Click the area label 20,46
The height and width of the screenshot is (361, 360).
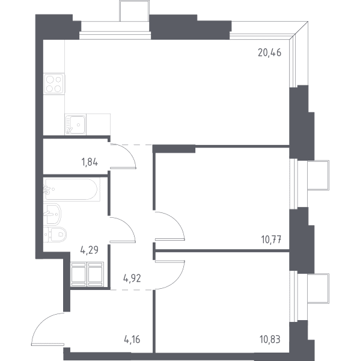(270, 53)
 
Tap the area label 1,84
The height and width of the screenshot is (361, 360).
(90, 162)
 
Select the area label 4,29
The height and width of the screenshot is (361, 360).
(90, 250)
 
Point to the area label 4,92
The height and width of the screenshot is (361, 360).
(132, 279)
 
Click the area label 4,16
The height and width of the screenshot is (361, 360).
(132, 339)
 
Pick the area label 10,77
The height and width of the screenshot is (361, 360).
(271, 239)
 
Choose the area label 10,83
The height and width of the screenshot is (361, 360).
(270, 339)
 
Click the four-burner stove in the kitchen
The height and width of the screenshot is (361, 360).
(54, 84)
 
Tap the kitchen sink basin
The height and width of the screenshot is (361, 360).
(76, 125)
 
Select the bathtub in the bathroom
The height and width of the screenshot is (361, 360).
(72, 190)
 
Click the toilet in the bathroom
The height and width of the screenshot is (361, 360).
(55, 235)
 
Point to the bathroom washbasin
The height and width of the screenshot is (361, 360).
(52, 214)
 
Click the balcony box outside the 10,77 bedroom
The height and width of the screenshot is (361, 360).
(318, 176)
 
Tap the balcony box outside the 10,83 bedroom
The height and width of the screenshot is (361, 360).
(318, 288)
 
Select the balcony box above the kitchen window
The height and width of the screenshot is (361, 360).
(135, 11)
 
